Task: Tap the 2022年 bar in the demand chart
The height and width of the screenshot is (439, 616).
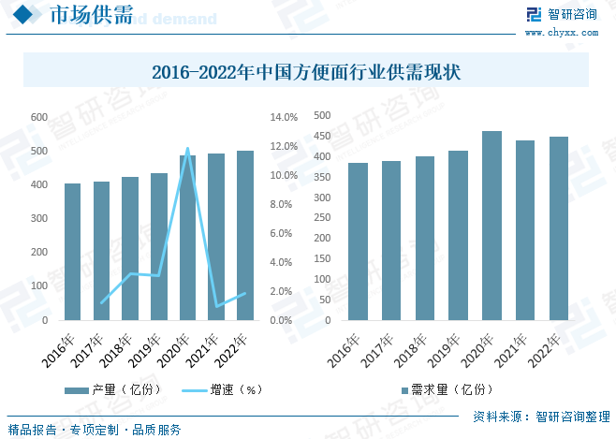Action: click(558, 228)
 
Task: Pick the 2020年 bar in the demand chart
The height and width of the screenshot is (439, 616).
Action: click(491, 226)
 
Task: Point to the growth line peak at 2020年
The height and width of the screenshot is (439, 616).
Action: click(188, 149)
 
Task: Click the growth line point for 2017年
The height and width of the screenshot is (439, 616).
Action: click(101, 303)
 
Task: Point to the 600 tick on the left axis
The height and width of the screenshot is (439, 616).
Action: click(39, 117)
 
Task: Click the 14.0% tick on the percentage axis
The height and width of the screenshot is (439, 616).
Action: click(284, 117)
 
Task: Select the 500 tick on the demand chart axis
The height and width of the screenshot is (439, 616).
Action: click(322, 115)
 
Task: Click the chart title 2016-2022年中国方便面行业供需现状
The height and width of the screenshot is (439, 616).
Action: click(306, 71)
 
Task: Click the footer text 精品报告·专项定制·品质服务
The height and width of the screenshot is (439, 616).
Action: click(95, 430)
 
